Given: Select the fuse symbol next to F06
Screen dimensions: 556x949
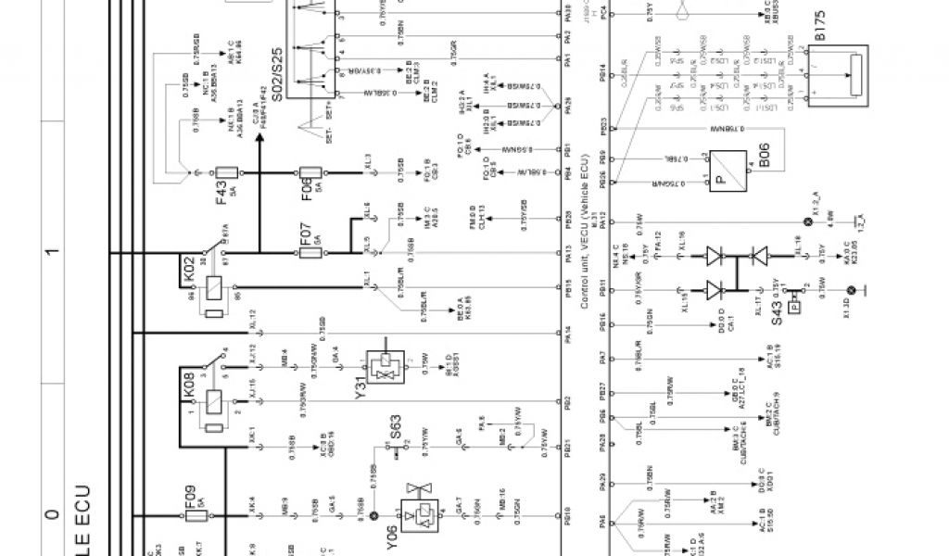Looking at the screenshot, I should (x=311, y=173).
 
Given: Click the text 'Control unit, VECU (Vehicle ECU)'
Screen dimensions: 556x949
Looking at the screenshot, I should (x=584, y=232).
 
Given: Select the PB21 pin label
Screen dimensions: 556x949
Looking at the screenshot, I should (x=566, y=449).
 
